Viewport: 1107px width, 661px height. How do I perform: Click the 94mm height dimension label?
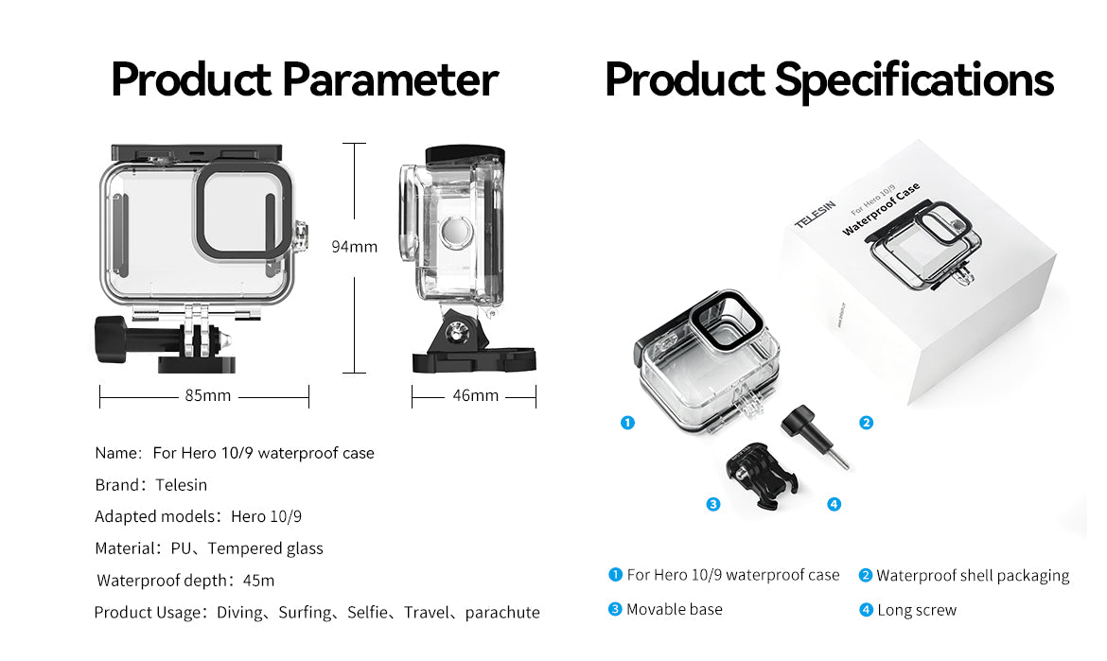(354, 247)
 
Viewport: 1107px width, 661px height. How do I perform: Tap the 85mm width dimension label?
(207, 395)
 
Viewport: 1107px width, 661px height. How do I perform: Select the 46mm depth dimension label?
(475, 395)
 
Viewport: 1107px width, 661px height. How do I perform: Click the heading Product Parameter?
(304, 79)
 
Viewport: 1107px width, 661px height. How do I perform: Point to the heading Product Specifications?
(829, 79)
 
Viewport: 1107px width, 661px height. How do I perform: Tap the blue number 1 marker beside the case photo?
(627, 423)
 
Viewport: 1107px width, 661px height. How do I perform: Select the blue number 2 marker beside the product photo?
(866, 423)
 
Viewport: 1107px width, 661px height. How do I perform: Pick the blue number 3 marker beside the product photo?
(713, 504)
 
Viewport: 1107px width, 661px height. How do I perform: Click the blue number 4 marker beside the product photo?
(834, 504)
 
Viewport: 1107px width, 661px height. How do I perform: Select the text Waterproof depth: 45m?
(185, 581)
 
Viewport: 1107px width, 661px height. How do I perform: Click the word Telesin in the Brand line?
(181, 485)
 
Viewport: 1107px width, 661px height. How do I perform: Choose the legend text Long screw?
(916, 610)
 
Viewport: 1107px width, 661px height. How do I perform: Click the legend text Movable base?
(674, 609)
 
